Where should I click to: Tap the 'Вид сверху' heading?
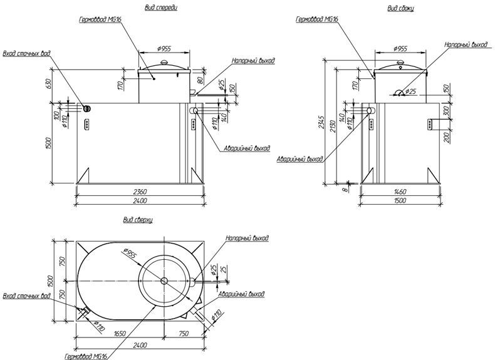138,220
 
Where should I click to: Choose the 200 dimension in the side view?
445,136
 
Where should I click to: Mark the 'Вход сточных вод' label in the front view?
27,53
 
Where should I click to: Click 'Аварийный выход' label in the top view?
241,293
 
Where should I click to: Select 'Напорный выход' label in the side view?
466,45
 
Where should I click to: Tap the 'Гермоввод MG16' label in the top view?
85,356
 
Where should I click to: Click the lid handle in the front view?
164,62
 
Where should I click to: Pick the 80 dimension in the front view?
199,80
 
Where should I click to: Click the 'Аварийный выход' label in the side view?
300,159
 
